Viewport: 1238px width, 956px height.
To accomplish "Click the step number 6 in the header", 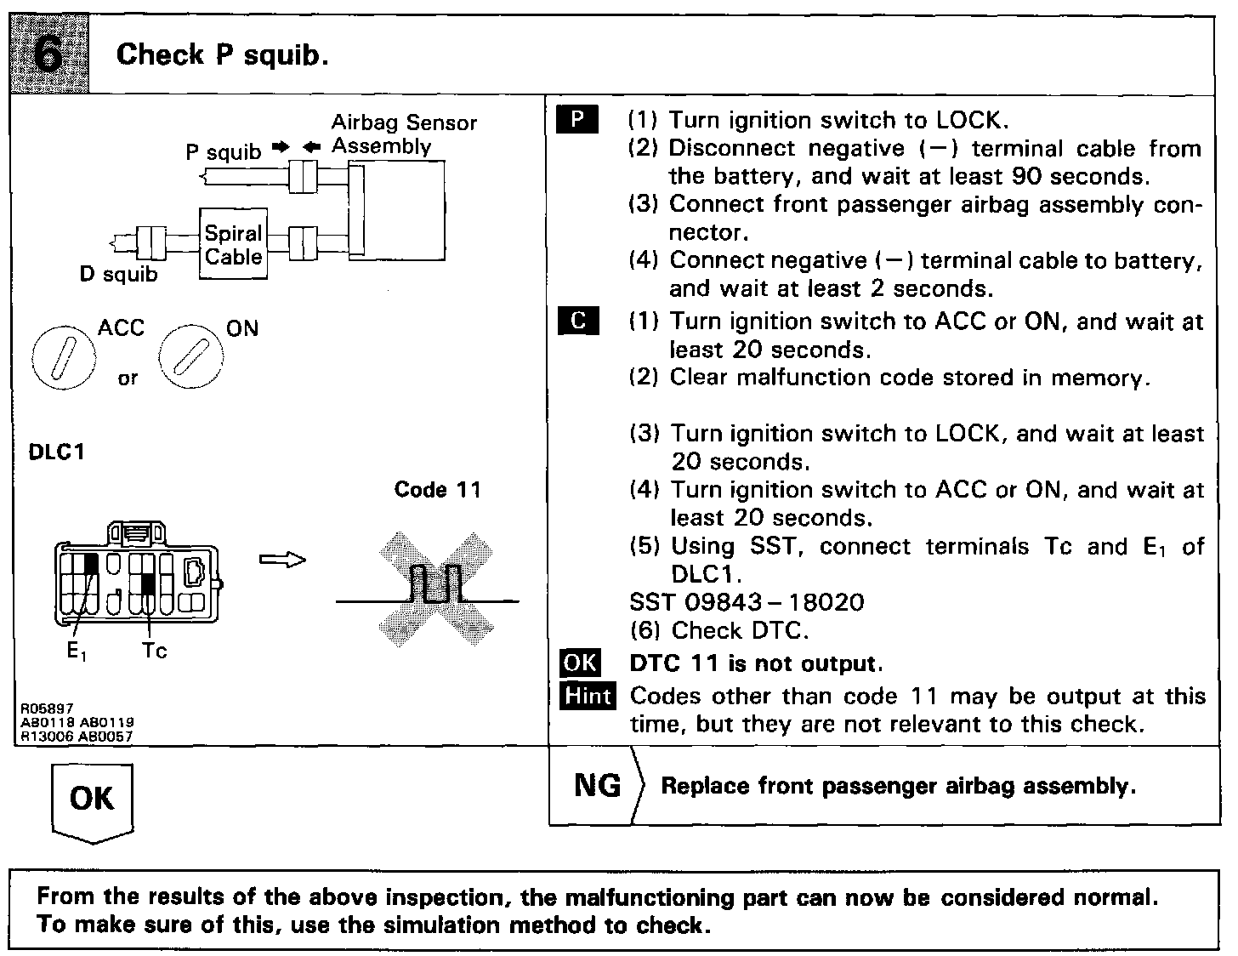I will (52, 54).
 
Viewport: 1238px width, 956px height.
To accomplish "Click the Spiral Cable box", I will (233, 244).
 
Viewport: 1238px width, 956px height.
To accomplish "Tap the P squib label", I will (224, 152).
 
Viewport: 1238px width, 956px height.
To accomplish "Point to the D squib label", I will (118, 275).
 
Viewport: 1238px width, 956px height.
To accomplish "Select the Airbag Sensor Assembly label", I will (403, 134).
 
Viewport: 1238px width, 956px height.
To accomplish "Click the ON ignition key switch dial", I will (190, 356).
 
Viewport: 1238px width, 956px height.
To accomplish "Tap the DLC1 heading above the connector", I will (57, 452).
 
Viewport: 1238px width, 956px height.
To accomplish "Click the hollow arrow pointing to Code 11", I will (281, 559).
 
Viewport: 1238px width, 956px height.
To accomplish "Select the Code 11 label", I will (437, 490).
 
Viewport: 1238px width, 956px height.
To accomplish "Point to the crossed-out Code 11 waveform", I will (435, 589).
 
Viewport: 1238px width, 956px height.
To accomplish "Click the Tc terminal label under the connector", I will (155, 652).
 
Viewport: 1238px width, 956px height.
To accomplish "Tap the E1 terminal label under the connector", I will (77, 652).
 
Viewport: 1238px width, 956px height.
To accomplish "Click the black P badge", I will (577, 119).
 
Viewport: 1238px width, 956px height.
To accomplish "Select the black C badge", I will (578, 321).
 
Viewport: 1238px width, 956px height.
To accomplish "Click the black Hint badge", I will (588, 696).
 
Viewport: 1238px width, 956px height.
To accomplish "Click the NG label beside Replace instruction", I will (597, 785).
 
